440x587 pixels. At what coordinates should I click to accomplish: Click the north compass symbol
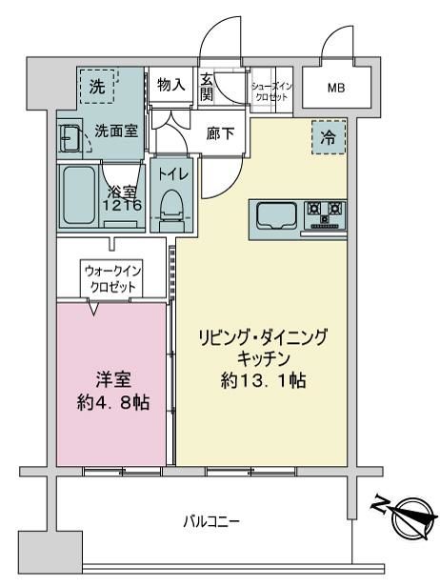pyautogui.click(x=407, y=518)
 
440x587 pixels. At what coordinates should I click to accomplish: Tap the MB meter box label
pyautogui.click(x=336, y=88)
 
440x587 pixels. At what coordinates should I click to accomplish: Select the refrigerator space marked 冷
pyautogui.click(x=329, y=137)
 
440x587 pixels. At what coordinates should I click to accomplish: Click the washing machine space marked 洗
pyautogui.click(x=97, y=86)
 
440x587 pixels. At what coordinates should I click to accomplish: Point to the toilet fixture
pyautogui.click(x=170, y=212)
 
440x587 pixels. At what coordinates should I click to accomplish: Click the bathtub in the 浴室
pyautogui.click(x=79, y=195)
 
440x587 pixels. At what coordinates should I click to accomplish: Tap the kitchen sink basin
pyautogui.click(x=276, y=216)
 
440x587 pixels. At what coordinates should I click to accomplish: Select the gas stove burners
pyautogui.click(x=325, y=215)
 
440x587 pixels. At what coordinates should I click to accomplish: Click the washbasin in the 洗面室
pyautogui.click(x=70, y=137)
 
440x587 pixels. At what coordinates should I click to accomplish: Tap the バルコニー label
pyautogui.click(x=211, y=521)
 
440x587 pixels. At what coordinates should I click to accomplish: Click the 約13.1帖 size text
pyautogui.click(x=264, y=381)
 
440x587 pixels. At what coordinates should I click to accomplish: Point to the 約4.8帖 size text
pyautogui.click(x=113, y=403)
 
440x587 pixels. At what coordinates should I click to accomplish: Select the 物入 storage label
pyautogui.click(x=171, y=85)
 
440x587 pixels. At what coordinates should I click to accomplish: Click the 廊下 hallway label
pyautogui.click(x=220, y=133)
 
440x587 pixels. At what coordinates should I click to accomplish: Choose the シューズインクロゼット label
pyautogui.click(x=271, y=92)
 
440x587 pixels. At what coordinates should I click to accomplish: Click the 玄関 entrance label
pyautogui.click(x=206, y=88)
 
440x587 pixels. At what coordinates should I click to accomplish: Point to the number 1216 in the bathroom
pyautogui.click(x=122, y=205)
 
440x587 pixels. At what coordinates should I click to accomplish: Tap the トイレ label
pyautogui.click(x=172, y=174)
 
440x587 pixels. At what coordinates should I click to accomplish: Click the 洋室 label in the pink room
pyautogui.click(x=113, y=379)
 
